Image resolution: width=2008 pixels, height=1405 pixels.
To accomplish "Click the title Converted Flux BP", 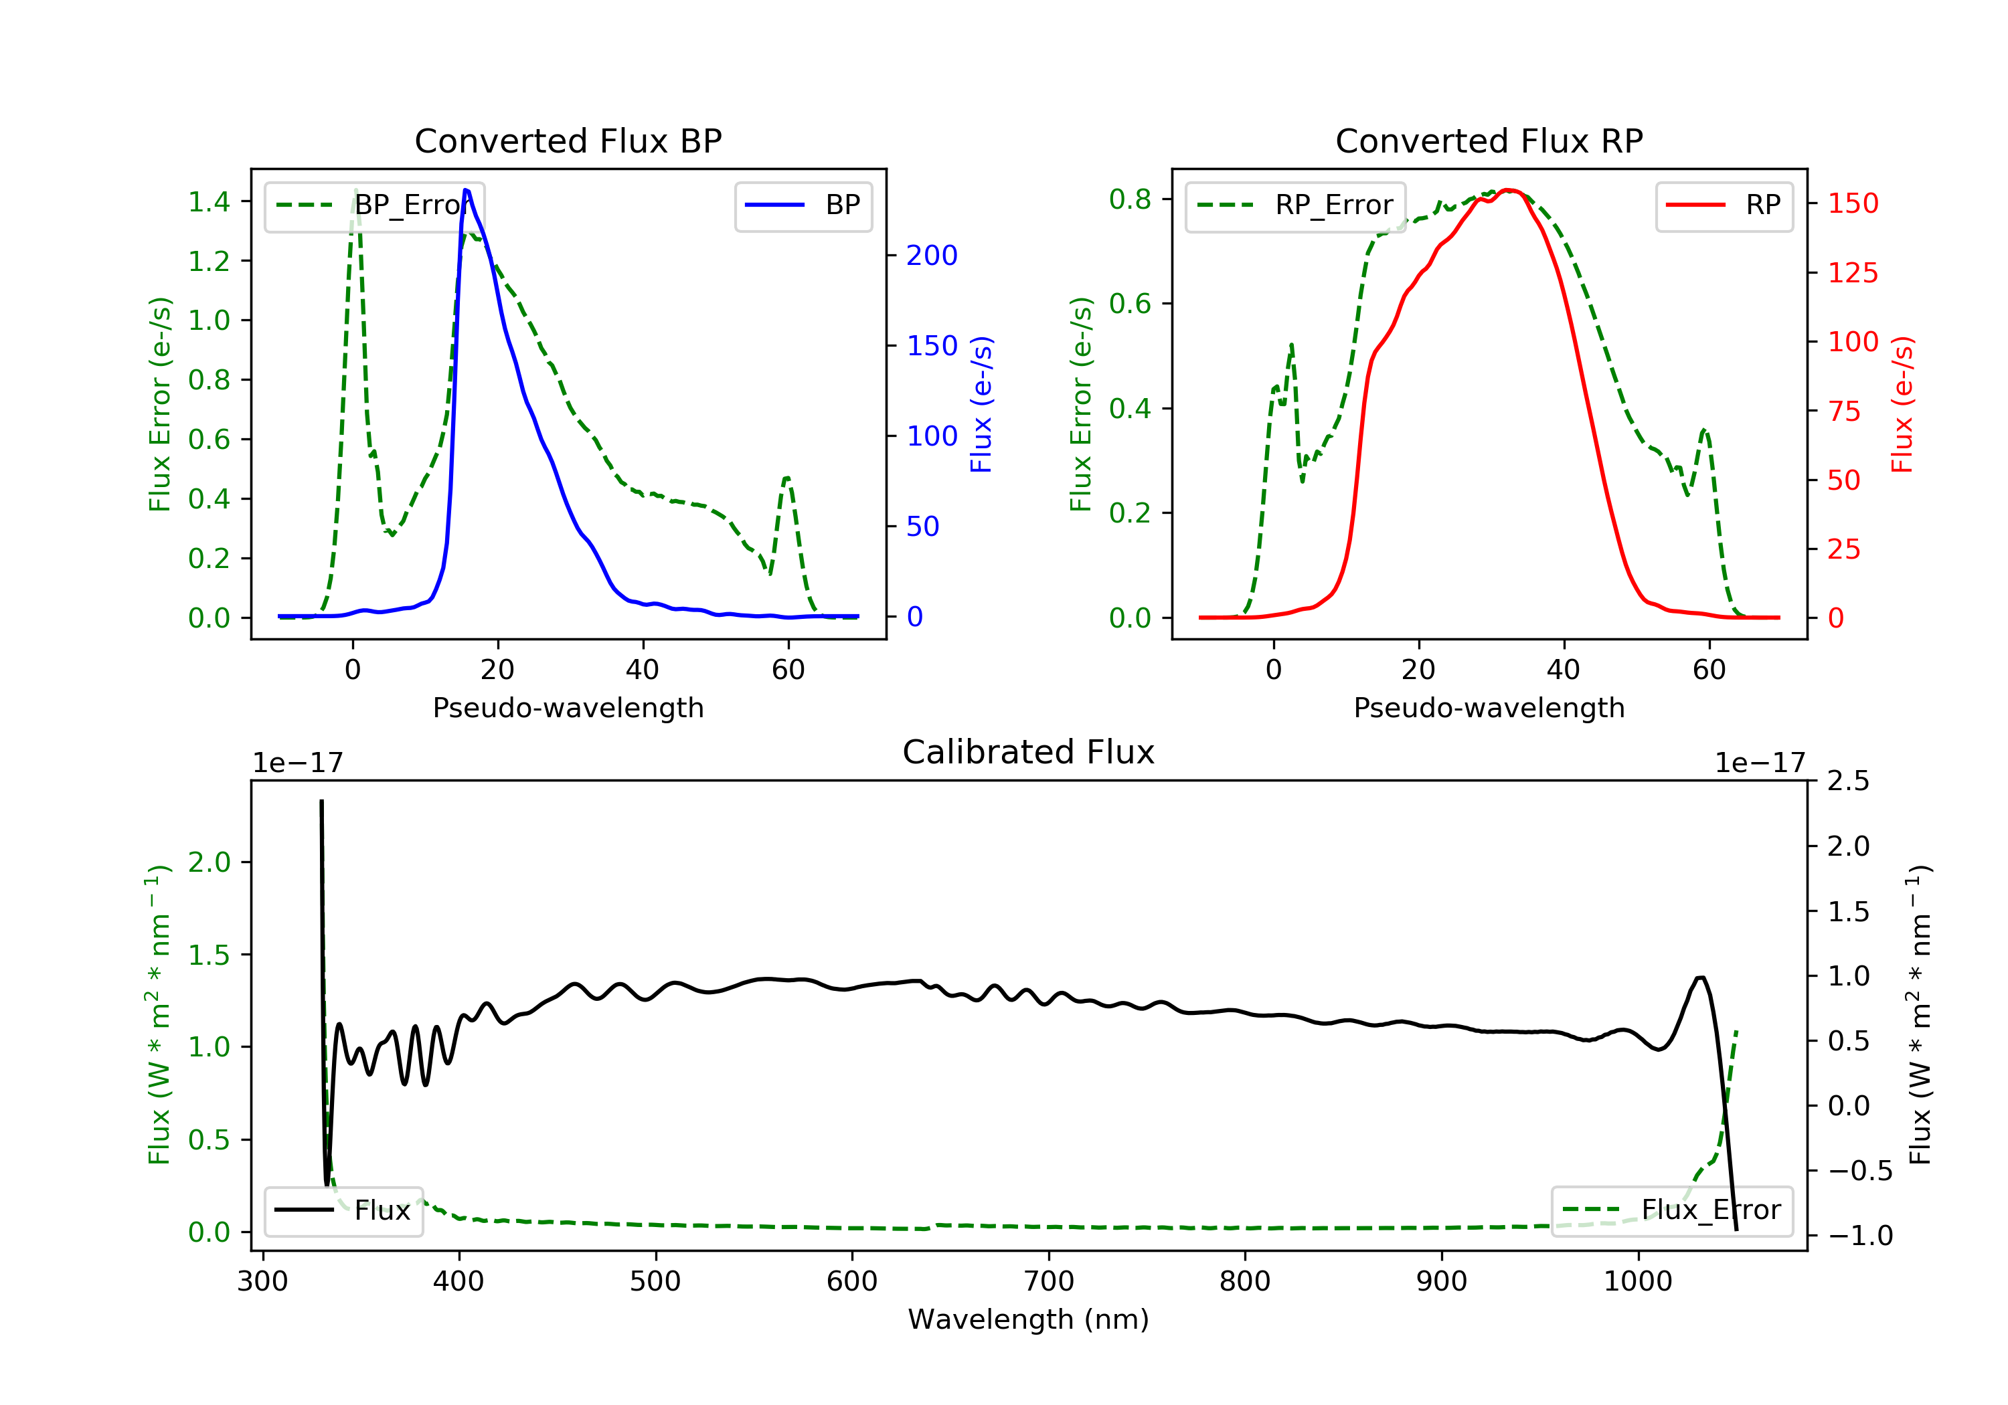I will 568,140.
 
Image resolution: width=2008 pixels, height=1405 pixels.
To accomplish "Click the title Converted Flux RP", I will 1489,140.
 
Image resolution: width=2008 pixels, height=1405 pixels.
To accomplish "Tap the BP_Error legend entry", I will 374,205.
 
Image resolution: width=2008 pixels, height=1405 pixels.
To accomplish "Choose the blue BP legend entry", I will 803,205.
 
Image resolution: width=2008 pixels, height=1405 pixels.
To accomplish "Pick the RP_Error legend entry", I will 1295,205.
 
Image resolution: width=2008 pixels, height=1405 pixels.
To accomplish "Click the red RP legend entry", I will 1724,205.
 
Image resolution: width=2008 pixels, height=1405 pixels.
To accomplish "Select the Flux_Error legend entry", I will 1671,1210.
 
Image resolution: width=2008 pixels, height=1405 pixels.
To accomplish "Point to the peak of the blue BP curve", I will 466,190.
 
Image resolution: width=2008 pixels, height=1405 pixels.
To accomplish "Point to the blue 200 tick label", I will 932,256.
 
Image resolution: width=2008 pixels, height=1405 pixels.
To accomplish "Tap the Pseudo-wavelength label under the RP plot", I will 1489,707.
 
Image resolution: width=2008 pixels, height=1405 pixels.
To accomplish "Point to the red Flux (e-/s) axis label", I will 1902,404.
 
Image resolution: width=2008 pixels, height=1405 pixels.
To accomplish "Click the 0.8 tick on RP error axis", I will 1130,199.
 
